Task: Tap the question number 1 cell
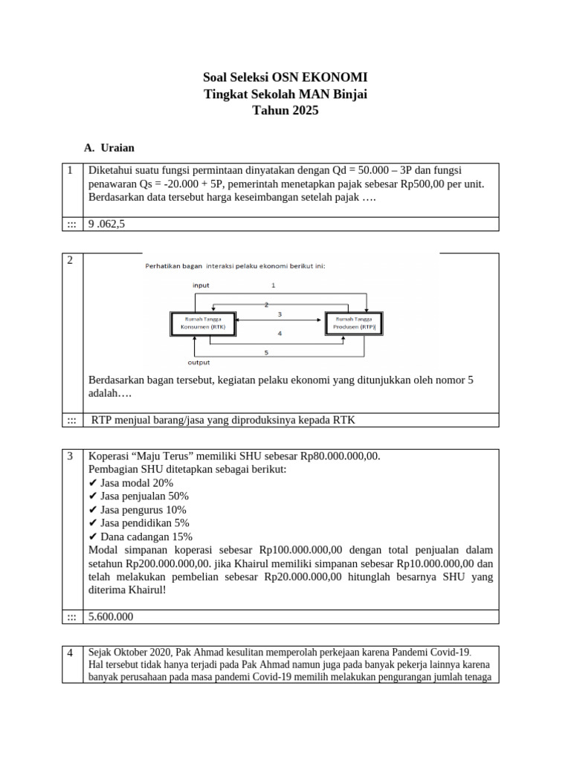70,170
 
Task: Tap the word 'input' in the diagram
201,285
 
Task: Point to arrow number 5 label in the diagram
266,352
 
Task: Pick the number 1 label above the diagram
273,285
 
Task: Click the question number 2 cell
70,260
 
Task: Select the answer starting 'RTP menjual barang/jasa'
223,420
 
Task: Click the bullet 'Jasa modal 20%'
131,482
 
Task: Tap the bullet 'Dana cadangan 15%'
141,537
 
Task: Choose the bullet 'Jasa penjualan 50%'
138,496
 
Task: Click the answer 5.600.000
112,617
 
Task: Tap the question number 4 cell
70,653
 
